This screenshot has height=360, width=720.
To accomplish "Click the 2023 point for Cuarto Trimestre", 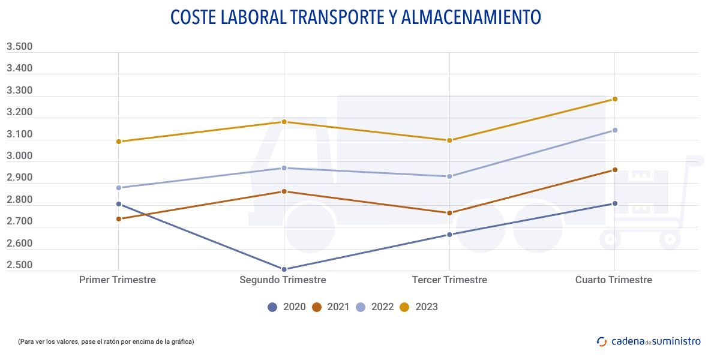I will coord(615,99).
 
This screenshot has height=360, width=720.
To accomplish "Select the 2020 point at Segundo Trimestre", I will coord(284,269).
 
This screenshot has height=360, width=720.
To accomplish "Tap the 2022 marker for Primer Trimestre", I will coord(119,188).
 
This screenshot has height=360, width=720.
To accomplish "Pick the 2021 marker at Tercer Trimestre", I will coord(449,213).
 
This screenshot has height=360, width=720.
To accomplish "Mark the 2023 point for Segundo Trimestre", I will coord(284,122).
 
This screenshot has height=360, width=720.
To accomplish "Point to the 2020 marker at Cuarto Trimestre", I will coord(615,203).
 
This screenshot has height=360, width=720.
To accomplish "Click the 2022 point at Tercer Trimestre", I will coord(449,176).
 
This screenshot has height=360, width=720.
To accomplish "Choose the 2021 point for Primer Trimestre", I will coord(119,219).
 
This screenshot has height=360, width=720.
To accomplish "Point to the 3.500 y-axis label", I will coord(19,47).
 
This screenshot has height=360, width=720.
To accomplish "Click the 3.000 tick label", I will coord(19,156).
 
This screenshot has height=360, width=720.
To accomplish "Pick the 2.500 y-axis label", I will coord(19,265).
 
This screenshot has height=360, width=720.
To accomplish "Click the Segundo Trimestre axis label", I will coord(283,280).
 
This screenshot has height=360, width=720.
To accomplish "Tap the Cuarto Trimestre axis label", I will coord(613,280).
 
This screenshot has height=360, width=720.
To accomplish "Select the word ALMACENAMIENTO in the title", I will coord(470,17).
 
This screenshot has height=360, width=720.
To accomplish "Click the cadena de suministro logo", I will coord(649,341).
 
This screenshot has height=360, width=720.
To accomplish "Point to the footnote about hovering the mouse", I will coord(106,341).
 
